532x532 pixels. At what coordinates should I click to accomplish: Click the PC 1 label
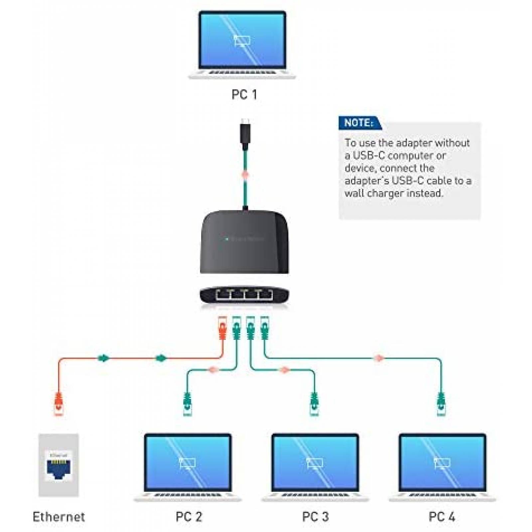pos(244,95)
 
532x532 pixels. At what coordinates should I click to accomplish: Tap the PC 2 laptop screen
pos(188,462)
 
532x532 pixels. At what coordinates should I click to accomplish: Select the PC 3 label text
pos(315,517)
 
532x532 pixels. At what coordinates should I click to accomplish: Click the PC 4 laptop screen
pos(442,462)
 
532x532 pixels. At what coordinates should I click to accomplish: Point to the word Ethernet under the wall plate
pos(59,517)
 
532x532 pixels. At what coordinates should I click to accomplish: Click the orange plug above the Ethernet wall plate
pos(59,404)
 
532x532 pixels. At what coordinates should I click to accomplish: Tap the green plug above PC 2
pos(187,404)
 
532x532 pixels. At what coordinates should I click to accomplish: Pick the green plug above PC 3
pos(314,404)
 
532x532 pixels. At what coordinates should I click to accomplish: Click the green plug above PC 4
pos(441,404)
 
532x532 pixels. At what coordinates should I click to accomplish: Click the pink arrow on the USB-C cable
pos(245,175)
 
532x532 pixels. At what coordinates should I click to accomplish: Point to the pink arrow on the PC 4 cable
pos(379,358)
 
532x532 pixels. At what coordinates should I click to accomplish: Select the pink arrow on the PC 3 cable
pos(285,370)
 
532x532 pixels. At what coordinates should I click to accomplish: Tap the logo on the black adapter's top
pos(244,239)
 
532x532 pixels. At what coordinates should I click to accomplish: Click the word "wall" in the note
pos(353,193)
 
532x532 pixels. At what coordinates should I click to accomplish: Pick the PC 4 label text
pos(442,517)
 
